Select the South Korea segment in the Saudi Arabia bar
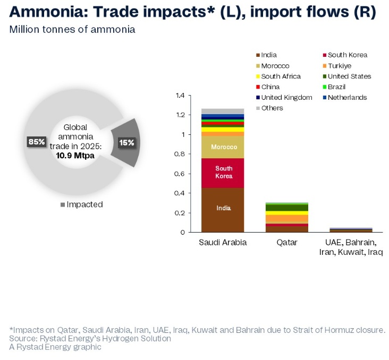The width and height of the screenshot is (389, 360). (x=223, y=173)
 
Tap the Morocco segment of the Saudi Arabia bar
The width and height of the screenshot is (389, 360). (x=223, y=147)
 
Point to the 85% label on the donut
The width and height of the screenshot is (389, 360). (x=36, y=142)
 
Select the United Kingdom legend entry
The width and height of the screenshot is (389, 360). (x=286, y=98)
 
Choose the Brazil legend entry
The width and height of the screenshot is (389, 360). (x=337, y=87)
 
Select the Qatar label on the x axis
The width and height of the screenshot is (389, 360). (x=287, y=243)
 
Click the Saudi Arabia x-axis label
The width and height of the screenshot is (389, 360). (x=223, y=243)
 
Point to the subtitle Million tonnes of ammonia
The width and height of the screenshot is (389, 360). (x=72, y=30)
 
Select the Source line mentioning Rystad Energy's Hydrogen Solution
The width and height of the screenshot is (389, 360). (x=90, y=338)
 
